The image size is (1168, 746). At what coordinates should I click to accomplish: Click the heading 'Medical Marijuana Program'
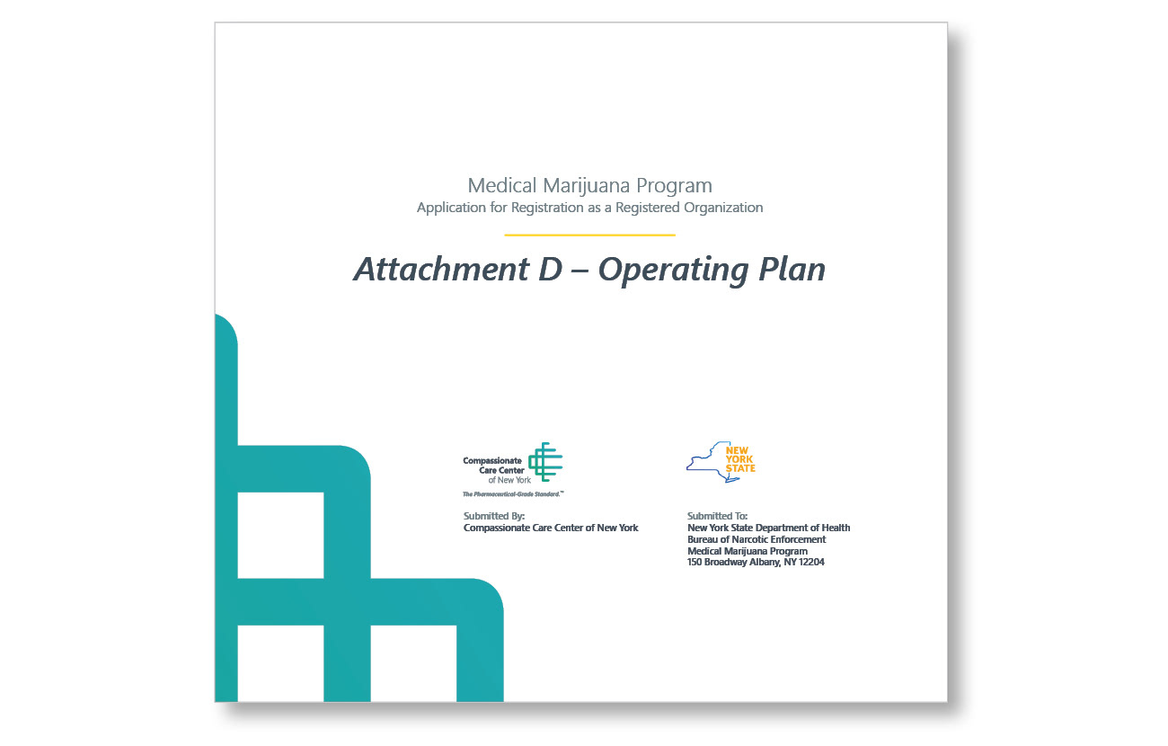(589, 186)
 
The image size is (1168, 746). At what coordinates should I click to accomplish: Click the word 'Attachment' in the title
(441, 270)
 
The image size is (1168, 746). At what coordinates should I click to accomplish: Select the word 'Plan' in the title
(792, 270)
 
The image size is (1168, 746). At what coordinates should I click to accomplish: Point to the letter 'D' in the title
(551, 270)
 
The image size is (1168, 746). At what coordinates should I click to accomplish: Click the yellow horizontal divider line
(589, 235)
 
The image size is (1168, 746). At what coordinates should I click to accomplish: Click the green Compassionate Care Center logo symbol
(545, 462)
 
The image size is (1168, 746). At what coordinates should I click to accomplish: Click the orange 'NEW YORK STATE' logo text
(740, 459)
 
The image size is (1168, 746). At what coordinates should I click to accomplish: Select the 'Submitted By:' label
(494, 516)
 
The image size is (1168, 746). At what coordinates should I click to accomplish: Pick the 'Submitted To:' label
(718, 516)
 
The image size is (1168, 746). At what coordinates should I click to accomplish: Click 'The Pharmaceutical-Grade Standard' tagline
(513, 494)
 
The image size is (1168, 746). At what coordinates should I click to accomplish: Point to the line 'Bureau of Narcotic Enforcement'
(757, 539)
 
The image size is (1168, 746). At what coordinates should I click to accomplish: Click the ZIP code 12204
(810, 563)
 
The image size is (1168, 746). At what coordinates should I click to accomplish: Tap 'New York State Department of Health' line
(768, 528)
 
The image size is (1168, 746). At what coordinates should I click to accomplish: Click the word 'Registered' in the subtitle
(648, 209)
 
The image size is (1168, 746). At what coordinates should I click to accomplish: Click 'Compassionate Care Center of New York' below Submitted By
(551, 528)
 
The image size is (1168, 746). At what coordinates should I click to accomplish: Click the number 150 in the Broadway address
(695, 563)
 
